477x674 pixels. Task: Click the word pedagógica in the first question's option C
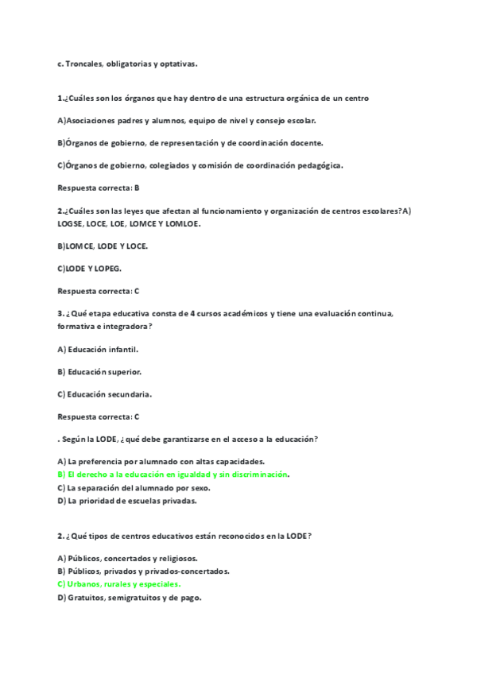[315, 165]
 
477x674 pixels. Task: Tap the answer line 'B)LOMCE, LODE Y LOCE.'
[103, 246]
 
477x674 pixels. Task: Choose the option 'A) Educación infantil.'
[99, 349]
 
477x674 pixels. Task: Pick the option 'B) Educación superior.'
[100, 371]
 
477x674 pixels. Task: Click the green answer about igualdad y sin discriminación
[173, 475]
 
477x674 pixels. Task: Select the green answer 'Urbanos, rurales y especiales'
[119, 584]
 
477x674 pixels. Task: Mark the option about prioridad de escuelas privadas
[126, 502]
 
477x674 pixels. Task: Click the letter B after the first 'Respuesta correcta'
[137, 188]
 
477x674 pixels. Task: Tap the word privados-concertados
[195, 571]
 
